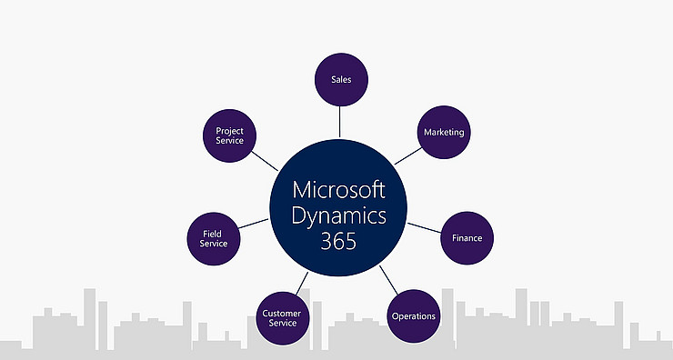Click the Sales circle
[339, 79]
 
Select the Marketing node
[443, 132]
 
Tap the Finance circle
[467, 238]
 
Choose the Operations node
[413, 315]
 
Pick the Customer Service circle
[281, 318]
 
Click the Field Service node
[214, 238]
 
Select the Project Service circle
[229, 136]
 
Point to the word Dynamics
[339, 216]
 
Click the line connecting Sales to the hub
[339, 120]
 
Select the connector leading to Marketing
[407, 153]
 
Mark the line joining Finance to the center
[423, 227]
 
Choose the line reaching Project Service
[266, 161]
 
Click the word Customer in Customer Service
[281, 314]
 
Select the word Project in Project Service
[229, 131]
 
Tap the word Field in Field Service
[214, 233]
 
